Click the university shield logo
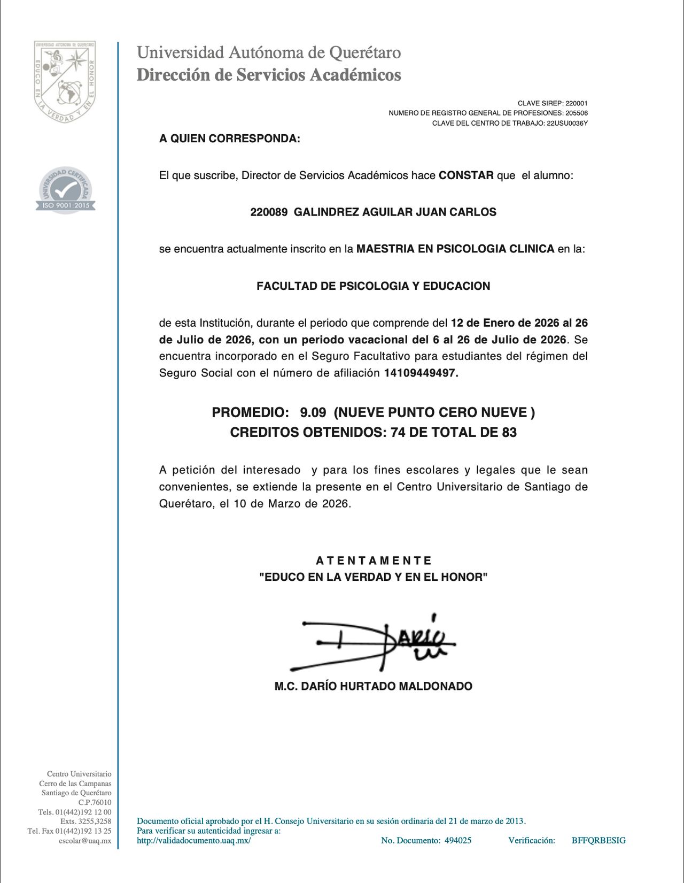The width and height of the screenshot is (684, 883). click(x=65, y=81)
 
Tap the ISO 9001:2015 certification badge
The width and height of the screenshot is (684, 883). click(x=66, y=190)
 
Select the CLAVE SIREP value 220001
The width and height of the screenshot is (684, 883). click(x=576, y=103)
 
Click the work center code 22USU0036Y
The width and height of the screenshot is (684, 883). click(x=567, y=124)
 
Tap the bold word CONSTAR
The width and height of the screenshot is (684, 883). click(x=466, y=175)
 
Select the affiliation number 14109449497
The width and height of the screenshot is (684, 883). click(x=421, y=373)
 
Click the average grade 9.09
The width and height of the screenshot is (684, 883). click(x=313, y=412)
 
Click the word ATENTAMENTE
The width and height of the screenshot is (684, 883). click(x=374, y=560)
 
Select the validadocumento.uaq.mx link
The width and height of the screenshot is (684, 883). click(x=193, y=840)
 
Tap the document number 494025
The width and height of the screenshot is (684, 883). click(x=458, y=840)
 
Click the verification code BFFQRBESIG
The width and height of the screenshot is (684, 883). click(x=598, y=840)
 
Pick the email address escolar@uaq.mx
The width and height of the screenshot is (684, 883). click(x=85, y=841)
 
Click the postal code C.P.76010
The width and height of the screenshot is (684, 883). click(x=95, y=802)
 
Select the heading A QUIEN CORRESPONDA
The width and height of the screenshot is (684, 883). click(x=230, y=139)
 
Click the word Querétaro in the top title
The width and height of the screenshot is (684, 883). click(x=365, y=52)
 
